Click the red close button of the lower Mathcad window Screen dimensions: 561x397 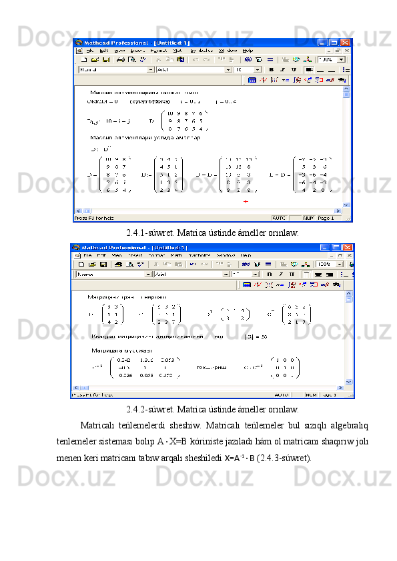350,247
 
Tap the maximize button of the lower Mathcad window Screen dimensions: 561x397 340,247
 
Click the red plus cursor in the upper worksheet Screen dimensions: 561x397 246,201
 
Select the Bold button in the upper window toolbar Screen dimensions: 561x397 272,69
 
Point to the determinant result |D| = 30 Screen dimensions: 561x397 256,336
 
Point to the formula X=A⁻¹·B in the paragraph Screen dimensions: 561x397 240,458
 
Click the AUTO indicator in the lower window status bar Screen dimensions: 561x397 282,394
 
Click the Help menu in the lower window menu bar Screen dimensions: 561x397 246,255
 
